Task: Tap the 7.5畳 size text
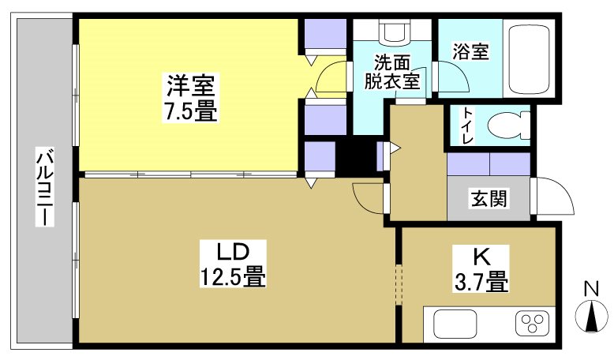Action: pos(189,111)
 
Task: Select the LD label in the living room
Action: pos(234,253)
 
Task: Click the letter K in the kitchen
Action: pos(481,255)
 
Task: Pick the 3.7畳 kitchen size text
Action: pos(480,280)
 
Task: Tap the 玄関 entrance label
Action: pos(489,198)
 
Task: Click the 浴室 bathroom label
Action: pos(470,52)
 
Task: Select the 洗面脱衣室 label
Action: pos(391,70)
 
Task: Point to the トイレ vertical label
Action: pos(468,126)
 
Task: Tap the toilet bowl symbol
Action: pos(506,126)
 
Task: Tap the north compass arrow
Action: pos(591,317)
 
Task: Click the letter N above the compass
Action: pos(590,288)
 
